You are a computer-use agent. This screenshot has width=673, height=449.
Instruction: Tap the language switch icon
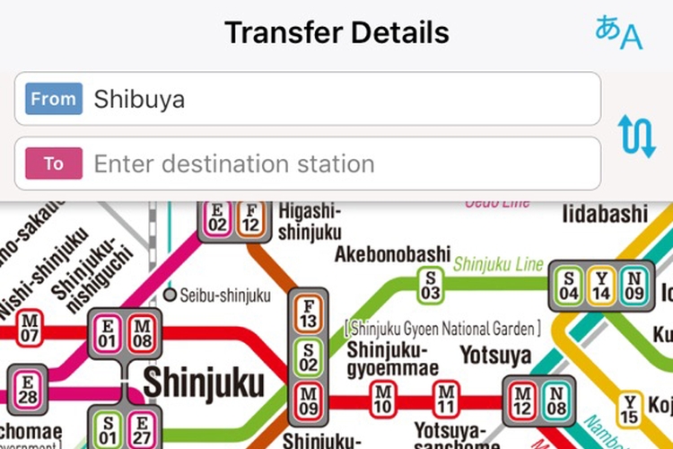(x=619, y=33)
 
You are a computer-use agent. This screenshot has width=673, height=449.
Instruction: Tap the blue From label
(x=54, y=99)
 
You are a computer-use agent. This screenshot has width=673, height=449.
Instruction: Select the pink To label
(x=54, y=163)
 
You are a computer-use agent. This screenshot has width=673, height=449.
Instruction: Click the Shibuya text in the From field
(x=139, y=99)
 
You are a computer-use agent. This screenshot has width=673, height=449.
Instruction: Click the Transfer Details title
(x=336, y=33)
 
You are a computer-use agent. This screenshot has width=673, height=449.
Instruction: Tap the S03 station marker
(x=432, y=285)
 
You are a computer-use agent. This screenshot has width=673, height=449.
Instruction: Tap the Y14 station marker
(x=601, y=285)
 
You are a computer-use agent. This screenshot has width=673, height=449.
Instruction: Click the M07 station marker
(x=30, y=327)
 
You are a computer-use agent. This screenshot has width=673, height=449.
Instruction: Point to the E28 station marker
(x=27, y=386)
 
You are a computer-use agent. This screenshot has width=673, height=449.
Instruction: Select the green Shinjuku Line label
(x=498, y=264)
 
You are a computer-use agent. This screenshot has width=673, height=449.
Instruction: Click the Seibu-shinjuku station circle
(x=170, y=295)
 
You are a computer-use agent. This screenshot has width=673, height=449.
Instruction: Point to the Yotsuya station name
(x=496, y=356)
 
